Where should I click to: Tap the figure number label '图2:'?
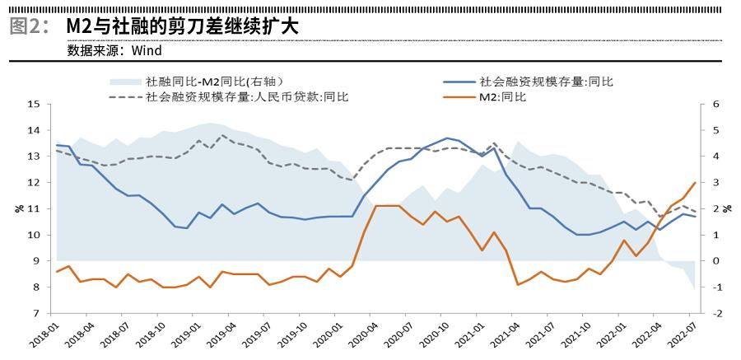click(30, 26)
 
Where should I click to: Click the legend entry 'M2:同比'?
click(503, 96)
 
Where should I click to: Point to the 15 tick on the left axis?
click(34, 105)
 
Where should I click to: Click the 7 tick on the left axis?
click(36, 314)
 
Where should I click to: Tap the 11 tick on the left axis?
click(34, 209)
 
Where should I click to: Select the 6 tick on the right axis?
click(715, 105)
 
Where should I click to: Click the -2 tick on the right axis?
click(716, 314)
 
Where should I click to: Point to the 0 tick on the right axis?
click(715, 261)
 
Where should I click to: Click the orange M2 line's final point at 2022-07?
click(695, 183)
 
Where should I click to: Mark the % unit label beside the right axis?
click(728, 209)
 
